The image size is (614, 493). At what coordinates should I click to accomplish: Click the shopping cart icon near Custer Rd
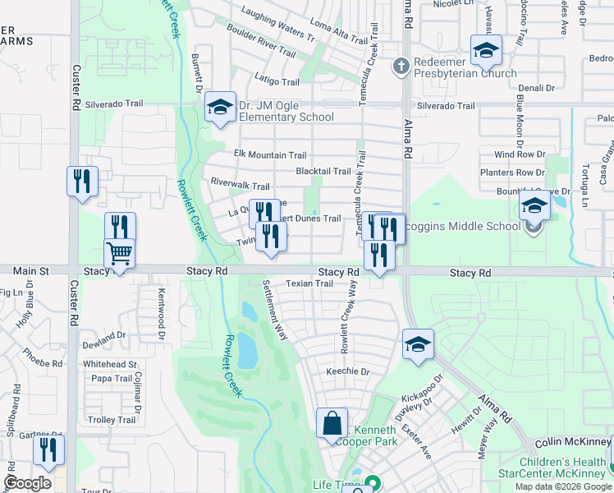119,253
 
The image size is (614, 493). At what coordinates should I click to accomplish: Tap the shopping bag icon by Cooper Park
332,423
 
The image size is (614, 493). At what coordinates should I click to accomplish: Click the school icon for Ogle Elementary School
220,107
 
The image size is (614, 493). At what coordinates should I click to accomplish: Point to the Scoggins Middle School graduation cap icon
534,205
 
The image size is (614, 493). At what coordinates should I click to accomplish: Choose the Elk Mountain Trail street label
270,154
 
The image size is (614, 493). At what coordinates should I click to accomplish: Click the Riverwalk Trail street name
240,186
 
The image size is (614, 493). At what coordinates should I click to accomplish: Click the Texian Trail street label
309,283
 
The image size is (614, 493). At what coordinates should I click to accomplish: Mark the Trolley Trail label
112,420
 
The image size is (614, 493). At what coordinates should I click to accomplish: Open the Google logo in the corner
27,483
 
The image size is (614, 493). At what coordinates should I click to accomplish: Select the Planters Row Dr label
513,173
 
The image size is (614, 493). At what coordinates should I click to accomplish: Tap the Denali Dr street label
537,87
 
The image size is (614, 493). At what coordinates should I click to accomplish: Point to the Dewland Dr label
103,335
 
